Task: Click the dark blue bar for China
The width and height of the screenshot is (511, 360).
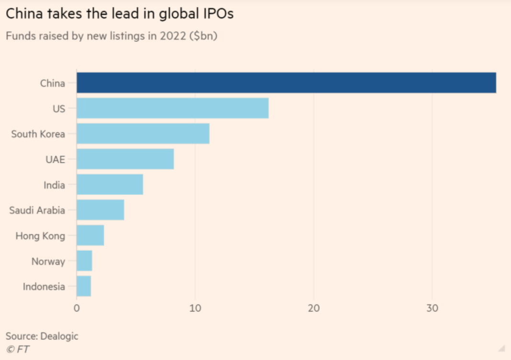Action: [x=286, y=83]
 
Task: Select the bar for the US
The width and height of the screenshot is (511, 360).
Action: [x=172, y=108]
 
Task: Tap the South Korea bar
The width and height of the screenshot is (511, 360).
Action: [x=143, y=134]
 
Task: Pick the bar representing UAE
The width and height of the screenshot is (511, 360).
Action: [x=125, y=159]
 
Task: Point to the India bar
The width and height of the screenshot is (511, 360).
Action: [x=110, y=184]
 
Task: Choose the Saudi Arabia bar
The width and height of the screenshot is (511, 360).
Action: [x=100, y=210]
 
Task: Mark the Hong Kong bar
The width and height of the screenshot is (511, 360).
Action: [x=90, y=236]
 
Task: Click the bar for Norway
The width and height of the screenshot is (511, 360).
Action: [x=84, y=261]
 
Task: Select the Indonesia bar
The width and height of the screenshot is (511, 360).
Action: [x=84, y=286]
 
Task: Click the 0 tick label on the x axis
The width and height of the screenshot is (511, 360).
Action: [x=77, y=309]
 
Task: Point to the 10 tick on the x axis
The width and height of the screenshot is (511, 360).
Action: [x=195, y=309]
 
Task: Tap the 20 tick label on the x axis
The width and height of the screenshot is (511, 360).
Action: [x=313, y=309]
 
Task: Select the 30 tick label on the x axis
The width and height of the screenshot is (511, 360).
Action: [x=432, y=309]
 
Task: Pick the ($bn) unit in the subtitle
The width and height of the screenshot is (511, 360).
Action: [x=203, y=36]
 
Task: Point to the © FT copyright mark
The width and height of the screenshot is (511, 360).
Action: [x=17, y=349]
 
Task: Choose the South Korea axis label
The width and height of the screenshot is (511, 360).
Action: [x=38, y=134]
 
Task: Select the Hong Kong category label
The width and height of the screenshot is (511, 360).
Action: [x=40, y=236]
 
